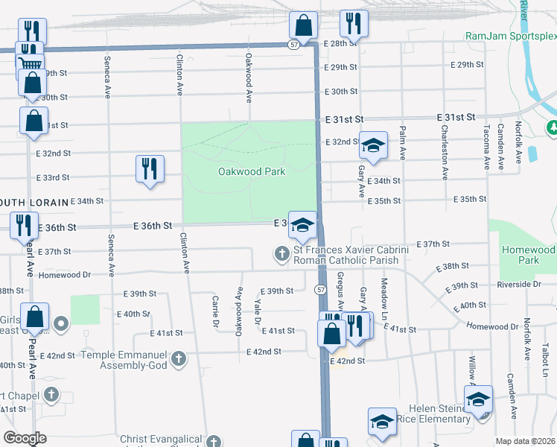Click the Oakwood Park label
click(x=252, y=171)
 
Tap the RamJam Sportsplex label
click(x=511, y=36)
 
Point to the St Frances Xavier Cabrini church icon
click(x=282, y=254)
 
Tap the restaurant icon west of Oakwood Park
click(x=150, y=169)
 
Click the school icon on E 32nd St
click(x=374, y=145)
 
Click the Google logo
click(x=25, y=437)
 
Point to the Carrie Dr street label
click(x=215, y=311)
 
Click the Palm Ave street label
click(x=402, y=144)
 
